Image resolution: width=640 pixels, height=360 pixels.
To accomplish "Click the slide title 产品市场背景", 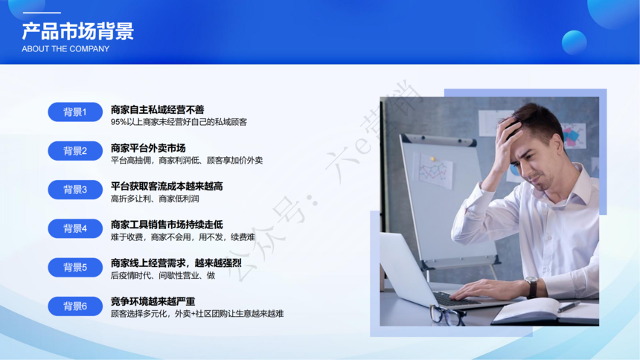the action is click(x=77, y=31).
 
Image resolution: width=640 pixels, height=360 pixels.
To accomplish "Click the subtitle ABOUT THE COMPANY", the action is click(x=65, y=49).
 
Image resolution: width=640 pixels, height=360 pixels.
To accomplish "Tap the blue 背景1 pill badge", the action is click(x=75, y=112).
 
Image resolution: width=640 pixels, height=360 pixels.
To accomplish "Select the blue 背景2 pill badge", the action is click(x=75, y=150).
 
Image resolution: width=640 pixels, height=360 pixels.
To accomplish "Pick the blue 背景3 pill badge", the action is click(x=75, y=190).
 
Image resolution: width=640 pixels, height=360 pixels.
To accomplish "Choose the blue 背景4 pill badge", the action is click(x=75, y=228).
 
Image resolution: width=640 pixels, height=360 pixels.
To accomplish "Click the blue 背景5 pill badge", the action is click(x=75, y=267).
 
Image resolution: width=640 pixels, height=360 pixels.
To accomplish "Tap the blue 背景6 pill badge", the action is click(x=75, y=306).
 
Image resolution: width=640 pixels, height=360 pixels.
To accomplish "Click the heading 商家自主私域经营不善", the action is click(x=157, y=109).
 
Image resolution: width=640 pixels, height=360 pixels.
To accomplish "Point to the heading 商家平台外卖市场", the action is click(x=148, y=148).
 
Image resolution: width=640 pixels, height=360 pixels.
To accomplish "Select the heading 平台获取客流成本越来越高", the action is click(x=167, y=186).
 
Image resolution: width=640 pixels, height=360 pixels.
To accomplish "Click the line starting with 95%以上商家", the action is click(x=179, y=122).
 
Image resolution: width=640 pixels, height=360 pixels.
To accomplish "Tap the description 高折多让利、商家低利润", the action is click(x=155, y=199).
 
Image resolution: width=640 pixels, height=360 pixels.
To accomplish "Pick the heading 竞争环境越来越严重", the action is click(x=153, y=301).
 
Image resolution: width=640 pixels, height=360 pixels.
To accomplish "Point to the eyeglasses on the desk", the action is click(x=447, y=315).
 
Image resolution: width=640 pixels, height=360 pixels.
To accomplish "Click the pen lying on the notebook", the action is click(x=569, y=307).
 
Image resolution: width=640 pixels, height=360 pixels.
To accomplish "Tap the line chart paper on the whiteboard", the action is click(x=435, y=170).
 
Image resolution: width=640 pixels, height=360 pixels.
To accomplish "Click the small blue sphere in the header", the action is click(x=574, y=42).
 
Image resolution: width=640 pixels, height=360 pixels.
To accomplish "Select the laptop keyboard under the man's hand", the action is click(x=454, y=299).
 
